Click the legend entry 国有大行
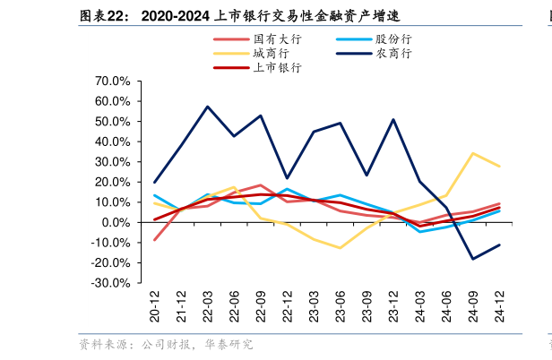click(278, 39)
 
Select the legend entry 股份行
click(393, 39)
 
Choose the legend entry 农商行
click(393, 54)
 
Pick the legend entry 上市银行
click(278, 68)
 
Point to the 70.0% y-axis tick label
click(112, 81)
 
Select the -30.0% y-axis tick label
click(110, 283)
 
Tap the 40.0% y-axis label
click(112, 141)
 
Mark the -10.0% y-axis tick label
click(110, 243)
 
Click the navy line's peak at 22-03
click(208, 107)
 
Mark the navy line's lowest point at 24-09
click(473, 259)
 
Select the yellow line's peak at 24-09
click(473, 153)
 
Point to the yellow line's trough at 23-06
click(341, 248)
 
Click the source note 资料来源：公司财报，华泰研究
click(166, 345)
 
